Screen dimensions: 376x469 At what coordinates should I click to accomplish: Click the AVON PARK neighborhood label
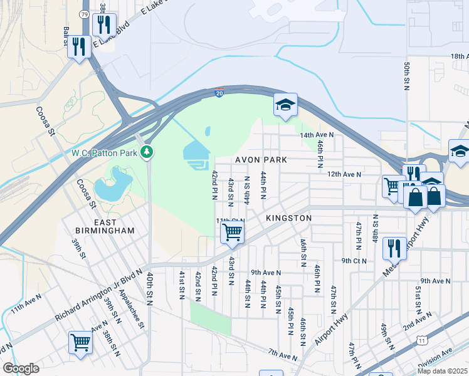tap(261, 160)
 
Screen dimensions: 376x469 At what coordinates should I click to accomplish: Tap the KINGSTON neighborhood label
tap(288, 217)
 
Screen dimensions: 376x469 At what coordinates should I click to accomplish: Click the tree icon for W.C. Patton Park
tap(147, 152)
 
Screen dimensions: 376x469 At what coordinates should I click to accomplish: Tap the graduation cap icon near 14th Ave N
tap(285, 105)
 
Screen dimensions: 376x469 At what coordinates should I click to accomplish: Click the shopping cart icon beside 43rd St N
tap(232, 232)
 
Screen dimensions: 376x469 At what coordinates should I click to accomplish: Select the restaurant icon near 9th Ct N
tap(394, 248)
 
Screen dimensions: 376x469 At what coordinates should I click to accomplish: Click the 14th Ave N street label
tap(317, 135)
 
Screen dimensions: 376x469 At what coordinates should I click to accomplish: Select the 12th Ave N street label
tap(344, 174)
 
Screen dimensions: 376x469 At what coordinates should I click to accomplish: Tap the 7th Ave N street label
tap(282, 356)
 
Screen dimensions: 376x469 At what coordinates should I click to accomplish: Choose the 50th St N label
tap(407, 75)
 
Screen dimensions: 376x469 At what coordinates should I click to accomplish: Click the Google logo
tap(21, 368)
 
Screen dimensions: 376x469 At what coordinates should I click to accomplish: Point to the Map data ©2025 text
tap(443, 371)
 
